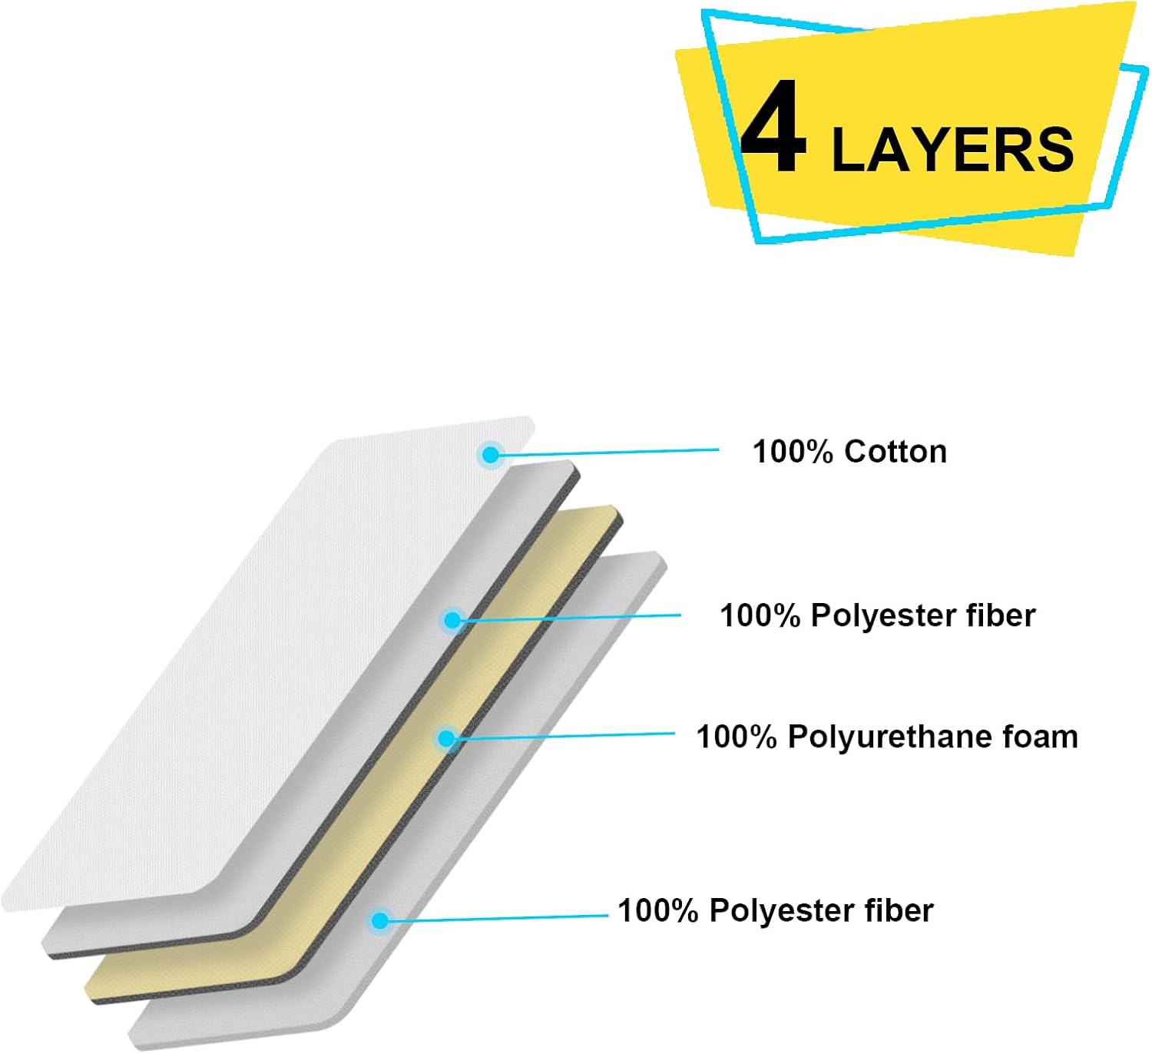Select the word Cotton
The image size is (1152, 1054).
click(x=895, y=452)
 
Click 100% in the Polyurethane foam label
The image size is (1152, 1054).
click(x=737, y=737)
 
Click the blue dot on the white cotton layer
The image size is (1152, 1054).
click(x=490, y=455)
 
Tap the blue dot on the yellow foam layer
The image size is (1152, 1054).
click(x=446, y=738)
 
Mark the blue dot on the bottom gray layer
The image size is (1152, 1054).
click(x=379, y=921)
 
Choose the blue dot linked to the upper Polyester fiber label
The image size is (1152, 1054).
click(x=452, y=620)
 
